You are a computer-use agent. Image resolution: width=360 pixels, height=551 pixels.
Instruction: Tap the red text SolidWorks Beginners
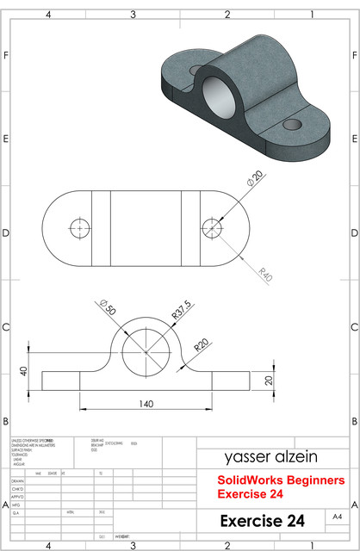coord(280,480)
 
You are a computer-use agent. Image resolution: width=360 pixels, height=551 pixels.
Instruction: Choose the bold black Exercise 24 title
coord(262,521)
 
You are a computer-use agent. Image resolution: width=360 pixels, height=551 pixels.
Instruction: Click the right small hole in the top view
coord(211,227)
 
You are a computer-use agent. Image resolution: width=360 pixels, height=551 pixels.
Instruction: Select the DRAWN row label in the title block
coord(17,482)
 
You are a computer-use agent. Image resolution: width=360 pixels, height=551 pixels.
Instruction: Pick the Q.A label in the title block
coord(16,511)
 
